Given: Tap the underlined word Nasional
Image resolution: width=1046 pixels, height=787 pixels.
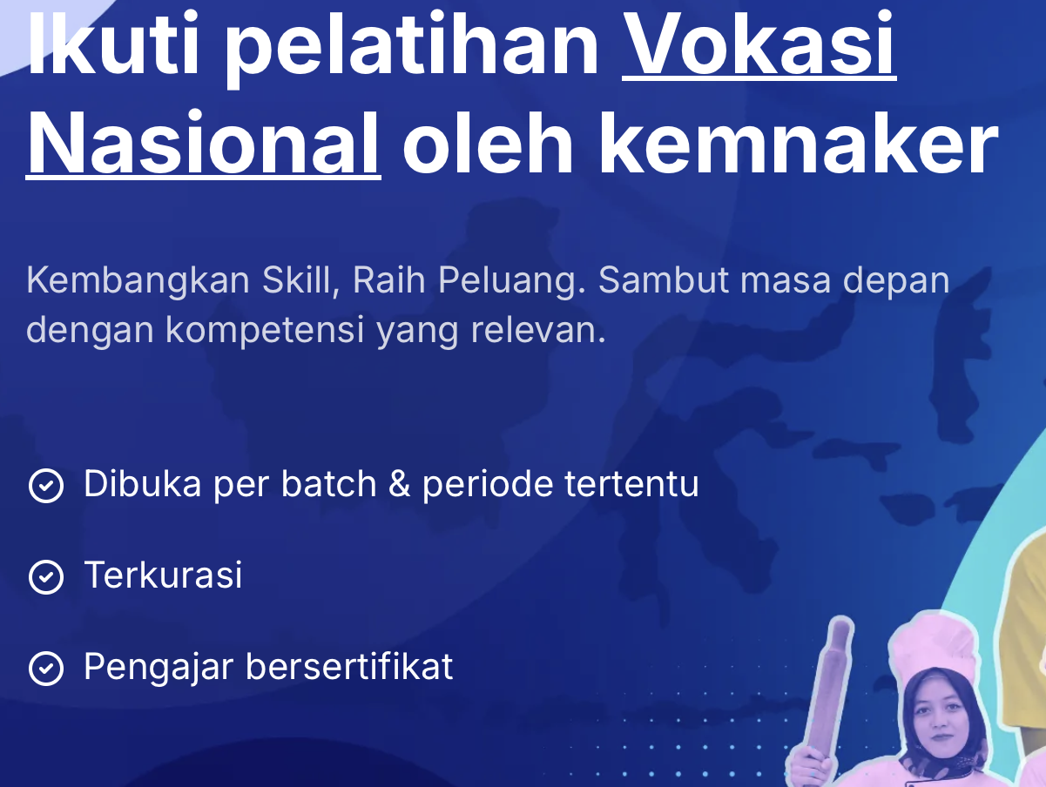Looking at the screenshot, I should click(x=203, y=145).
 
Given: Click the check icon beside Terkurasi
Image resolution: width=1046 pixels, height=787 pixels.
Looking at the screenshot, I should click(x=45, y=577).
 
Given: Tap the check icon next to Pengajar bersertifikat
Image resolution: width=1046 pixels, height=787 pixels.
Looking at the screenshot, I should click(x=45, y=669).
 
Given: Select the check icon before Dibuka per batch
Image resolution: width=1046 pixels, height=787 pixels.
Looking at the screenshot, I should click(x=45, y=486).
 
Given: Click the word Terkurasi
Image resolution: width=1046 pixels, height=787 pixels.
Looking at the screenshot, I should click(x=163, y=575).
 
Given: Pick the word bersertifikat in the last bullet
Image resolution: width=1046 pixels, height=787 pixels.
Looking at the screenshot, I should click(x=349, y=667).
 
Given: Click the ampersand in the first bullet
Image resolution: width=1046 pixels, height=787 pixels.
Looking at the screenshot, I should click(x=399, y=484).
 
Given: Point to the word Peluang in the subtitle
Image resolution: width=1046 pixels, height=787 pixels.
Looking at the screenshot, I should click(x=508, y=281).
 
